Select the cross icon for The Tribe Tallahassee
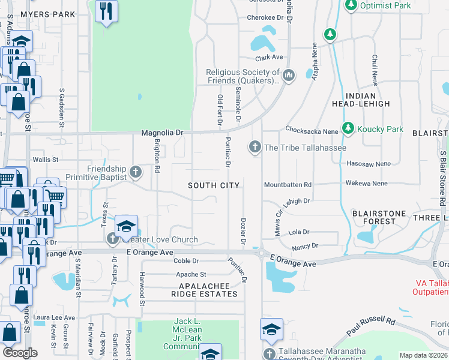(x=255, y=147)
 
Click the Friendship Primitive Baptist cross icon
(x=136, y=173)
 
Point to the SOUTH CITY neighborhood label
(x=214, y=185)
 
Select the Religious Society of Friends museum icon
(x=289, y=75)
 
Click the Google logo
(x=20, y=353)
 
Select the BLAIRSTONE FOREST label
(x=382, y=217)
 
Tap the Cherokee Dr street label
(x=265, y=18)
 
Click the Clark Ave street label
(x=268, y=58)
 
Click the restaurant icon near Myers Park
(x=106, y=11)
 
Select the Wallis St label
(x=45, y=160)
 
